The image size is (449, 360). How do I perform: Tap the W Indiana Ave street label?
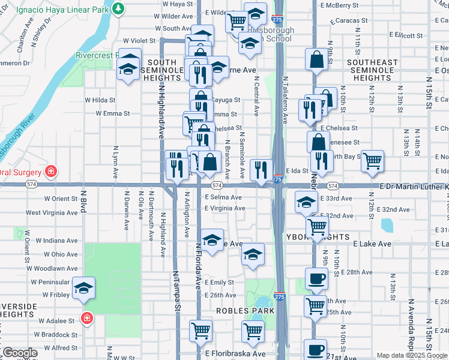coord(56,241)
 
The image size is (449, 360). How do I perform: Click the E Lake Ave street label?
coord(372,244)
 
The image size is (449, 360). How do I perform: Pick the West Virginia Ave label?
coord(51,212)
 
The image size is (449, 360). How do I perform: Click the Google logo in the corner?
coord(19,353)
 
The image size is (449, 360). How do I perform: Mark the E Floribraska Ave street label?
coord(235,353)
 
